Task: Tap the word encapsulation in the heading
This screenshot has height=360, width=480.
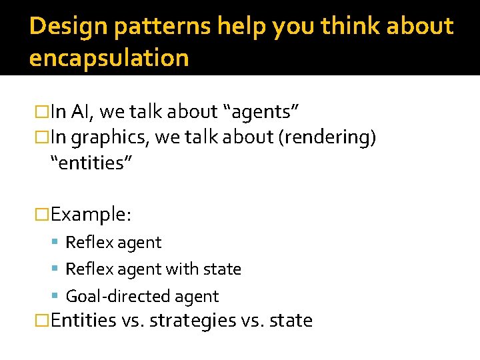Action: (x=109, y=59)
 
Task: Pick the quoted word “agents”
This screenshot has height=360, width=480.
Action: (x=265, y=112)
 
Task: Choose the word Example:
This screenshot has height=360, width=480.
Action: (x=91, y=214)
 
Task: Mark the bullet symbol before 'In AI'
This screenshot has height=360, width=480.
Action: (x=43, y=112)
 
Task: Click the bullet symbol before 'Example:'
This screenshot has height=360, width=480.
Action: (x=43, y=214)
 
